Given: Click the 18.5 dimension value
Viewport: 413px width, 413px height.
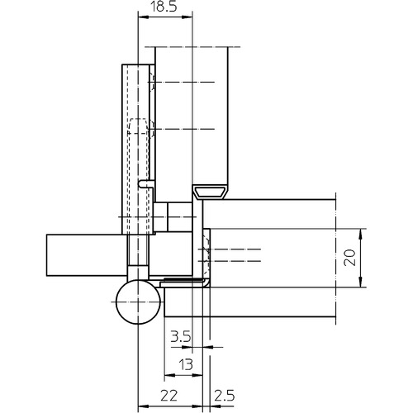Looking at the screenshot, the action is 163,7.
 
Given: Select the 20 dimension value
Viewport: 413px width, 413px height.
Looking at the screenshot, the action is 350,258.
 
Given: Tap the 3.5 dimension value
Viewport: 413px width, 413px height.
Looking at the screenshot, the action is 181,336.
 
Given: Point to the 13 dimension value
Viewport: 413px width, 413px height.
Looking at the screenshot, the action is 186,364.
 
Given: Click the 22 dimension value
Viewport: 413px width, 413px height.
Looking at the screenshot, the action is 169,396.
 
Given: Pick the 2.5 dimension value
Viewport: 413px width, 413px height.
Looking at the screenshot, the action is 225,396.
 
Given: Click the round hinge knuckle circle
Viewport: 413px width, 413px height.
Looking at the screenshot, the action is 138,302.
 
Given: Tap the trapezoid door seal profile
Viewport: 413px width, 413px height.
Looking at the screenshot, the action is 210,192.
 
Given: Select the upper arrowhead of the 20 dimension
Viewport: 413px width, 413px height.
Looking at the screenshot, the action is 361,234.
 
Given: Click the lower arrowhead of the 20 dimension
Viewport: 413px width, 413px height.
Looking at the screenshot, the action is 361,282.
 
